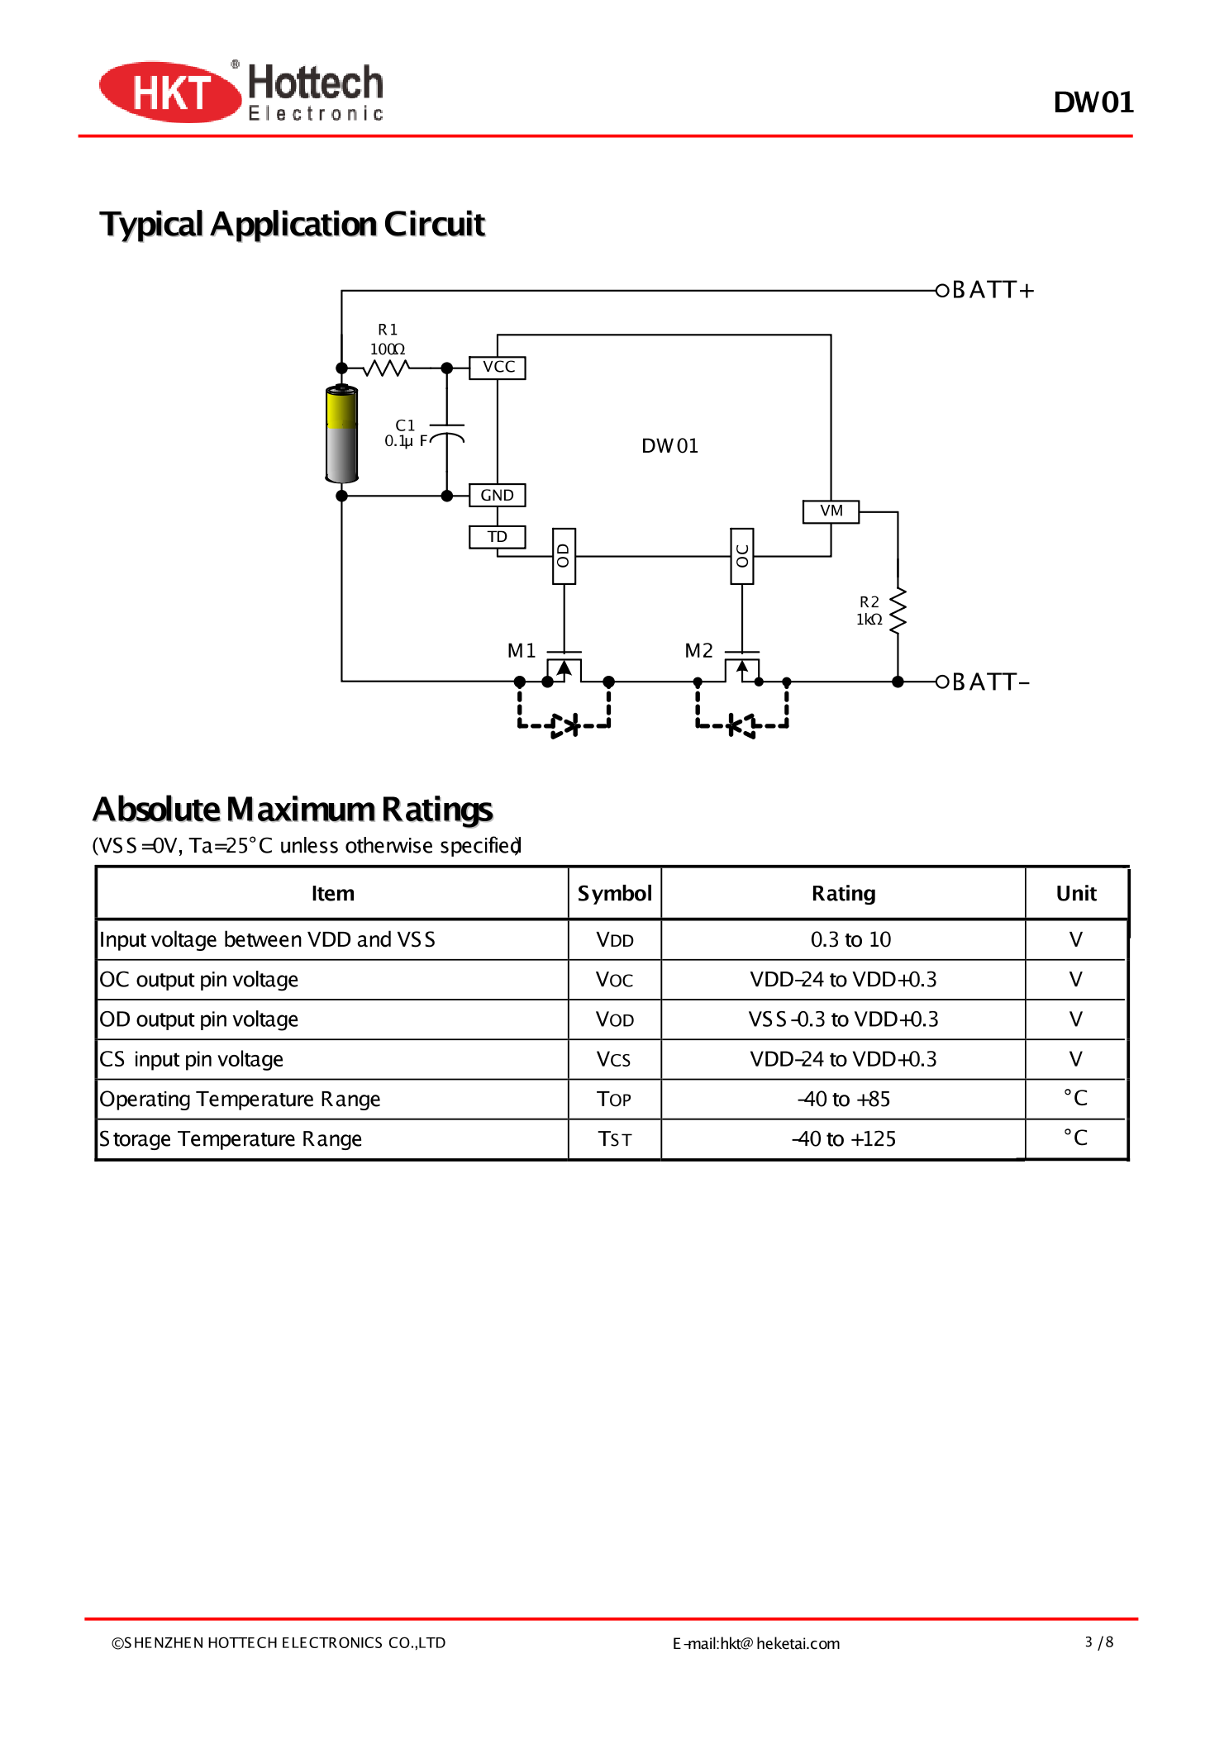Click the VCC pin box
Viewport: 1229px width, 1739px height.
(497, 367)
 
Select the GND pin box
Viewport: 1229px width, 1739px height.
(497, 495)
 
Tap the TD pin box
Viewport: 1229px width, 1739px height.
(497, 537)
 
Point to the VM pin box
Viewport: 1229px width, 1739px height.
(831, 511)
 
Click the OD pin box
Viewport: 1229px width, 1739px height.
(564, 556)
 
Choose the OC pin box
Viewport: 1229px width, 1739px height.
(741, 556)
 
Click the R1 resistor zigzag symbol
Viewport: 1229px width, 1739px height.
(386, 368)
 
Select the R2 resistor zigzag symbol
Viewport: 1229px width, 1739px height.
(898, 611)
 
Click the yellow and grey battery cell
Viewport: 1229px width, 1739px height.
(341, 433)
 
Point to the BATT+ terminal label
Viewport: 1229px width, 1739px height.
(993, 291)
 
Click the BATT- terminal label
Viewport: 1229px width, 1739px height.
(990, 682)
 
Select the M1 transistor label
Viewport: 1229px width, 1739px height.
(522, 651)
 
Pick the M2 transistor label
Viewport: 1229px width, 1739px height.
(698, 651)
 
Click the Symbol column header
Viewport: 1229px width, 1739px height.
(614, 893)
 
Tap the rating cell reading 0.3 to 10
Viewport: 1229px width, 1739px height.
(850, 939)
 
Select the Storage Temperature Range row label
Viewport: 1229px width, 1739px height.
(231, 1139)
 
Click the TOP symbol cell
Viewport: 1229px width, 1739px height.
(614, 1100)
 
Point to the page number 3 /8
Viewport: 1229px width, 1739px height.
(1098, 1642)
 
